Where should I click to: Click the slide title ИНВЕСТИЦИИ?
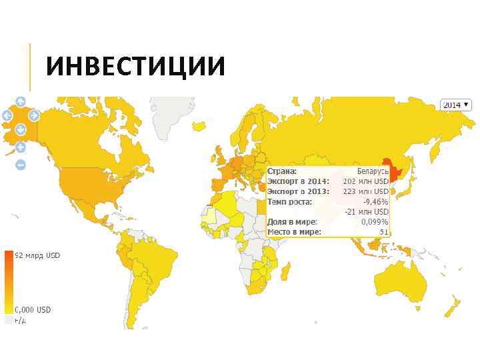(x=136, y=67)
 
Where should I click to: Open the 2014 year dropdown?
(x=456, y=105)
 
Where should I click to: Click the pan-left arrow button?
(x=7, y=115)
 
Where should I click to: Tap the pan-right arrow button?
(x=33, y=115)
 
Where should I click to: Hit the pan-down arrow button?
(x=21, y=129)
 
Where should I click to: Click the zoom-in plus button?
(x=21, y=147)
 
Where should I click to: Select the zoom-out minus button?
(x=21, y=164)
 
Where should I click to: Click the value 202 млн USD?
(x=365, y=181)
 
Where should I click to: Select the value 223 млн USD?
(x=365, y=191)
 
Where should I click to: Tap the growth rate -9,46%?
(x=375, y=201)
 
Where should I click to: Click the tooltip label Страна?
(x=282, y=171)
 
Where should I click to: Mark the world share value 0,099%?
(x=375, y=221)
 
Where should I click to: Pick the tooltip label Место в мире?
(x=294, y=231)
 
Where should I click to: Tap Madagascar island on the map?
(x=287, y=270)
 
